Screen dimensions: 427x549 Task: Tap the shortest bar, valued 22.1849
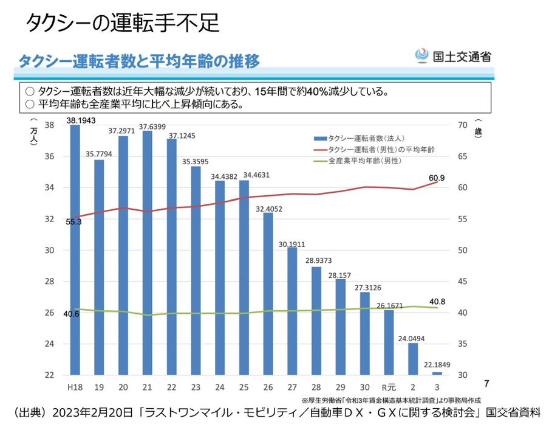pos(437,373)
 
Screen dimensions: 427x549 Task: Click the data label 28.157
pos(339,274)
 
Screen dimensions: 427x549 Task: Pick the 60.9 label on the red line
pos(437,178)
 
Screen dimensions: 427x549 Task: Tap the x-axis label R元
pos(389,387)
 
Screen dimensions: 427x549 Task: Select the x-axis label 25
pos(244,387)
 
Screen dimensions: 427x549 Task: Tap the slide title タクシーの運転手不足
pos(122,23)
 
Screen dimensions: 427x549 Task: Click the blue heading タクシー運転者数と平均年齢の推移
pos(139,61)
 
